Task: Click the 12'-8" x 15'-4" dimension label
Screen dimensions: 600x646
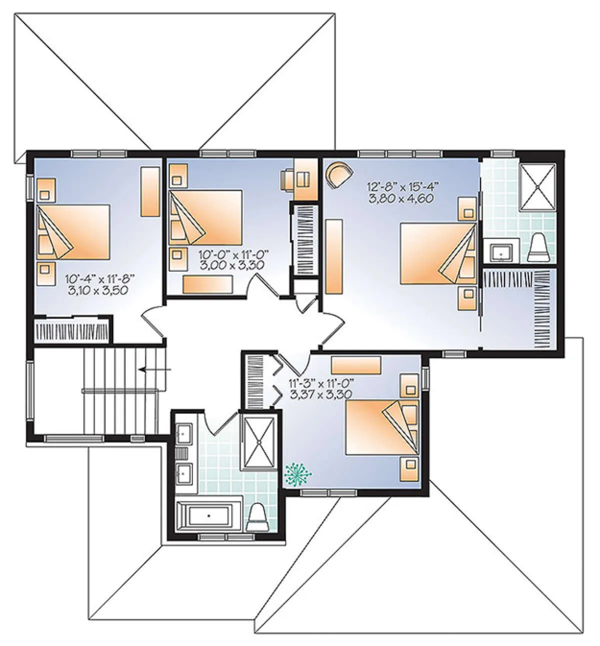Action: click(x=403, y=187)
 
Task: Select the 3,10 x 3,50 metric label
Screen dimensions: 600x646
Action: click(x=97, y=290)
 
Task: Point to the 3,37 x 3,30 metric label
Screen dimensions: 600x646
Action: click(x=320, y=394)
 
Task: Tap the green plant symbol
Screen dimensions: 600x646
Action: click(x=297, y=475)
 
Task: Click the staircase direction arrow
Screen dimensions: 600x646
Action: click(x=155, y=369)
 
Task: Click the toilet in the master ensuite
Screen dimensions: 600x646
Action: click(x=538, y=248)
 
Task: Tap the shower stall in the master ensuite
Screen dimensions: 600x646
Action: click(x=537, y=186)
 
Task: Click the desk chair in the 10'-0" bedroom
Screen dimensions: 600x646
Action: click(x=287, y=178)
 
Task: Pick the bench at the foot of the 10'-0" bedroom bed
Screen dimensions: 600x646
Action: click(x=207, y=284)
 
